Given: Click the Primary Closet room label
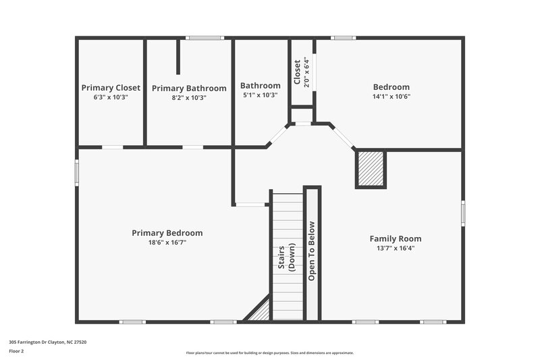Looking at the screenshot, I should tap(111, 88).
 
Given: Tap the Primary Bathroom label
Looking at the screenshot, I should tap(189, 88).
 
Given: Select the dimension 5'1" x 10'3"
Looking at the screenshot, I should tap(260, 96).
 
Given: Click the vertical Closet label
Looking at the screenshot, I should tap(297, 72).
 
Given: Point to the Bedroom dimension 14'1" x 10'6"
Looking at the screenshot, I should tap(391, 97).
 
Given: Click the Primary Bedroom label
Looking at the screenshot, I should tap(167, 233).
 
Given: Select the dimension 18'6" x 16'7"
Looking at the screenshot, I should tap(167, 242).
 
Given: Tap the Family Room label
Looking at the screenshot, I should tap(395, 238).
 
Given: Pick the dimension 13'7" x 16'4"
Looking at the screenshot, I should tap(395, 248).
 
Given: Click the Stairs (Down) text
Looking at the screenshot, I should tap(287, 254).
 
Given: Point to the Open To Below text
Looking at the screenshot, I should tap(312, 251).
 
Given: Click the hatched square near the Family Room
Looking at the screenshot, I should tap(371, 169).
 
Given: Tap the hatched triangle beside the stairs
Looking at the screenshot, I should tap(261, 312).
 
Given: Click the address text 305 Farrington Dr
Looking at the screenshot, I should tap(47, 342).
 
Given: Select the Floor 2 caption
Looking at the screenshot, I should tap(16, 351).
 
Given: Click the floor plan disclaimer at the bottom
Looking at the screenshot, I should tap(270, 353).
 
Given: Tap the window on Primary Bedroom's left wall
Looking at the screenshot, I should tap(76, 172).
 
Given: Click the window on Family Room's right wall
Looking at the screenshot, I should tap(463, 213).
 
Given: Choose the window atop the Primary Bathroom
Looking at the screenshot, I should tap(200, 38).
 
